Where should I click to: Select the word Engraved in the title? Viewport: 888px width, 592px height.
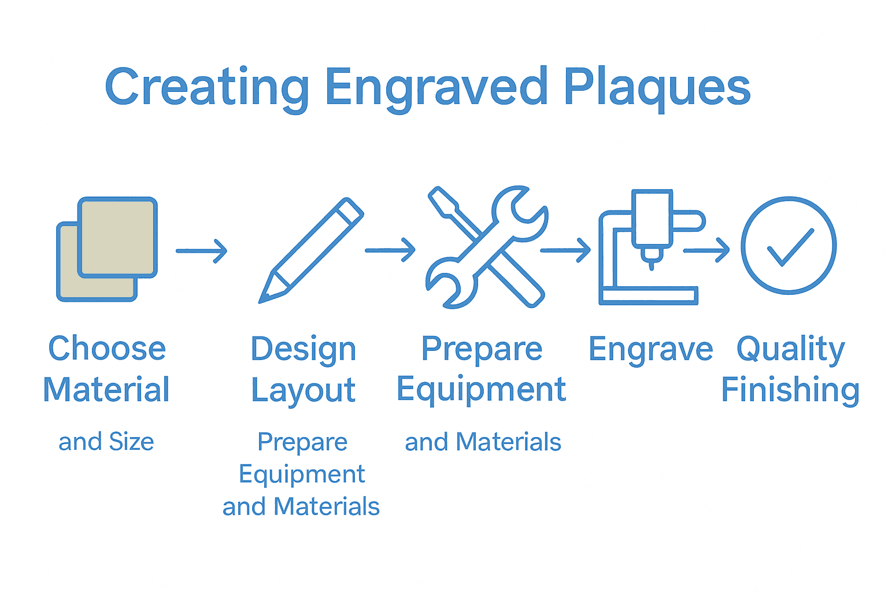pos(436,88)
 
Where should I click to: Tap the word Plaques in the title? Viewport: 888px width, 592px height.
pos(657,88)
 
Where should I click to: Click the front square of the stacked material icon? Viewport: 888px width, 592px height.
pos(117,238)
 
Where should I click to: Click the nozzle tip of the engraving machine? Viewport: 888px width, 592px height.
pos(652,264)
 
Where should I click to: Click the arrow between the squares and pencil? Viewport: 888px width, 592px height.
pos(202,251)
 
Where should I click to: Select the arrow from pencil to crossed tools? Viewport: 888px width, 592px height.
pos(390,250)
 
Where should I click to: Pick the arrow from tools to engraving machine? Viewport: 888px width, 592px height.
pos(565,250)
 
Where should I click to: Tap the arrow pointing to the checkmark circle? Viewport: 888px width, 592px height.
pos(706,250)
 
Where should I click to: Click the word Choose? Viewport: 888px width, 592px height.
pos(107,349)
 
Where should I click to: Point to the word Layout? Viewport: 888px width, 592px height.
pos(303,391)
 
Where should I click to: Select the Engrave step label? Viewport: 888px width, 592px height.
pos(650,350)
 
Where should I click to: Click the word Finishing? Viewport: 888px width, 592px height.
pos(790,390)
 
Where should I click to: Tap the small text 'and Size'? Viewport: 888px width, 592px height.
pos(106,442)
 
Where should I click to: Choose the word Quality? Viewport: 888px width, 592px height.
pos(790,350)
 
